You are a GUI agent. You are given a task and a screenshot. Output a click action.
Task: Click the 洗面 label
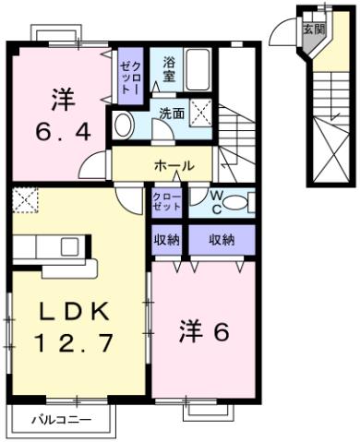coord(172,114)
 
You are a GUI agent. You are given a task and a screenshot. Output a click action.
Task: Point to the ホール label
coord(174,166)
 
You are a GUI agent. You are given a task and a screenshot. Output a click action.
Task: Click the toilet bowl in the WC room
coord(239,203)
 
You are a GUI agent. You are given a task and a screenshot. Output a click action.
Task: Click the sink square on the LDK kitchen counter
coord(70,246)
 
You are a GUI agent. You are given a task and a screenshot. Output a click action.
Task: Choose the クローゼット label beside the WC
coord(167,202)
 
